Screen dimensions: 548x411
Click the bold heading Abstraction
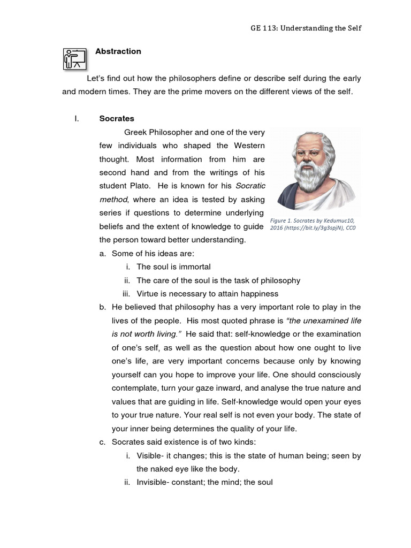(x=118, y=51)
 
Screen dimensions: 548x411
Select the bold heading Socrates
(x=117, y=118)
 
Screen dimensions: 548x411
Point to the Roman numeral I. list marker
(x=77, y=118)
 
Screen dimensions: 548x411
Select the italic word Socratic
(x=250, y=186)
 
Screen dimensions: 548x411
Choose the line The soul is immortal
(x=173, y=267)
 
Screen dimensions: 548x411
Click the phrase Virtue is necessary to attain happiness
(x=207, y=293)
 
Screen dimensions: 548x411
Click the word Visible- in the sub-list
(x=151, y=455)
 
